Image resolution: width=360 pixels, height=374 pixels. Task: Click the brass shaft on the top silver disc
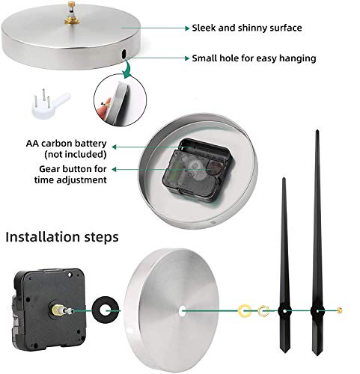(72, 13)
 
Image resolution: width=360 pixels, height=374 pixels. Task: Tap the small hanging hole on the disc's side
(123, 54)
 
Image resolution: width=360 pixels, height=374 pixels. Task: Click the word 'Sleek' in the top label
(204, 28)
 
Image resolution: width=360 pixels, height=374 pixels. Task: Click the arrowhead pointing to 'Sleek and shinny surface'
(187, 28)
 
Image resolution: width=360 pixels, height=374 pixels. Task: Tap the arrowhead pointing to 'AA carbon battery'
(115, 147)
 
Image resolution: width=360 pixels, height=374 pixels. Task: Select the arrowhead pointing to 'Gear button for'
(115, 169)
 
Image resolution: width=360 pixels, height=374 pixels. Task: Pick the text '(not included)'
(76, 154)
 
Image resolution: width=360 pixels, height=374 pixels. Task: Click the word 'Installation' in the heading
(43, 237)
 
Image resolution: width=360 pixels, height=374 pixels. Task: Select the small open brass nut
(263, 311)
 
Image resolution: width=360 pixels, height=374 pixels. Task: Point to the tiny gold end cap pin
(339, 310)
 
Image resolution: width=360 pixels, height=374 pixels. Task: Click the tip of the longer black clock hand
(317, 130)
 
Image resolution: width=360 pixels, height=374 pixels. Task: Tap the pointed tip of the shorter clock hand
(284, 178)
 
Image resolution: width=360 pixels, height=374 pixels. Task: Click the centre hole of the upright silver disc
(182, 311)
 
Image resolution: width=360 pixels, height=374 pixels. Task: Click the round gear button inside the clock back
(215, 168)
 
